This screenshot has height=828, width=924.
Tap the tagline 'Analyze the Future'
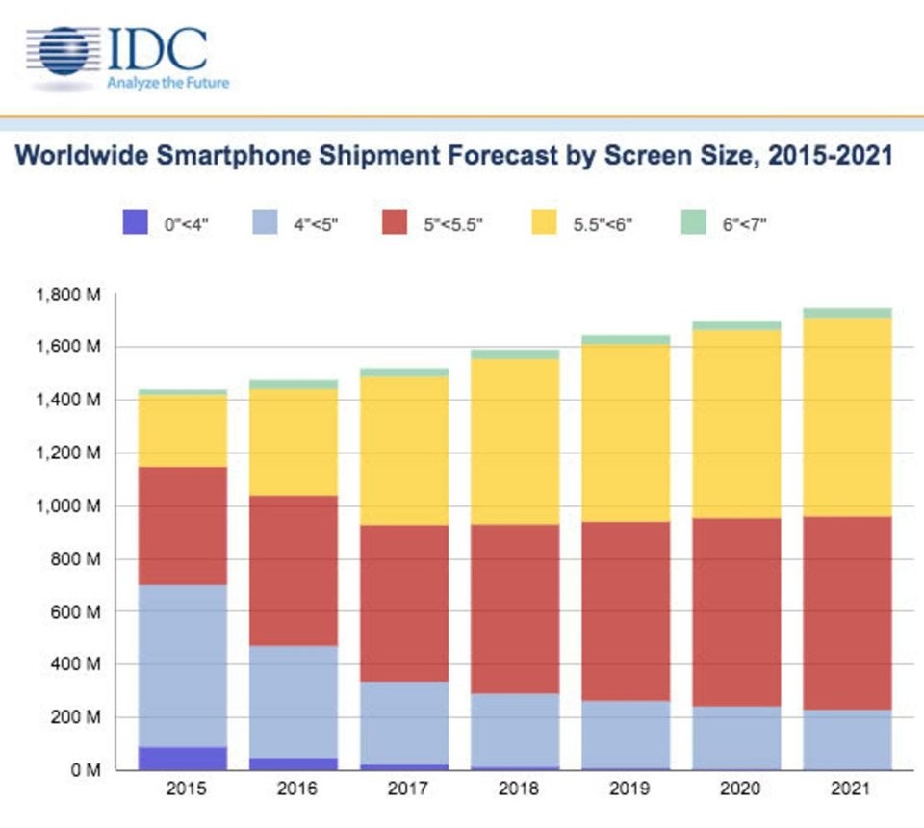167,83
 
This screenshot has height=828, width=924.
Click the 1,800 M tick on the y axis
68,295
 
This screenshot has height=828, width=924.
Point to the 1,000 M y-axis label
68,506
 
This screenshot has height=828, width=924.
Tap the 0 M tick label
84,770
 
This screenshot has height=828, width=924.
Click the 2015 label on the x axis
183,790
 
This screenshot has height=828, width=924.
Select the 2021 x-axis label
847,790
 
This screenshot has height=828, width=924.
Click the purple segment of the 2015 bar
183,758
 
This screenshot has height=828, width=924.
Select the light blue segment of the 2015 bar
183,665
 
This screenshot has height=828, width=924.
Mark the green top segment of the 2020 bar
736,325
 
